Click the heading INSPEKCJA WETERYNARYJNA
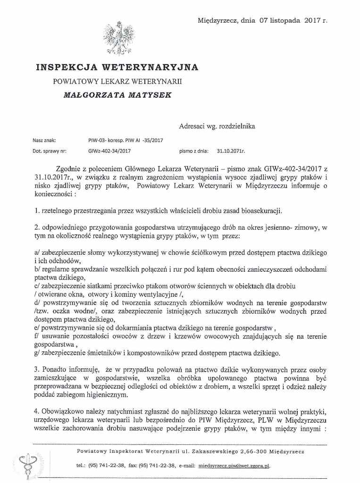tap(117, 67)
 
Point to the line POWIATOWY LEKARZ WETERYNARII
tap(117, 81)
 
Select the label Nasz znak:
tap(44, 140)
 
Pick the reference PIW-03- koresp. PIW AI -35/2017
tap(126, 140)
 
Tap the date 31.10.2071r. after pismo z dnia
tap(231, 151)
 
